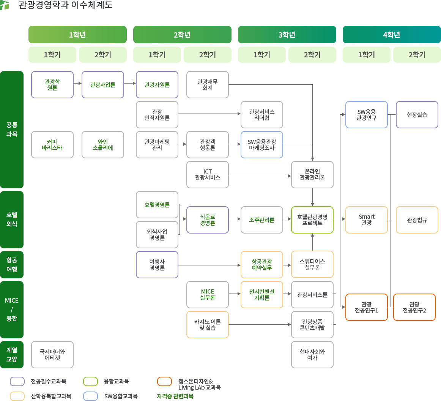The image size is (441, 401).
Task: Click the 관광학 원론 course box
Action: tap(52, 85)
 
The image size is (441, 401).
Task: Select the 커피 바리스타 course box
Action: tap(52, 145)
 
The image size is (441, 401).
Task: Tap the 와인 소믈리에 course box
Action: tap(103, 145)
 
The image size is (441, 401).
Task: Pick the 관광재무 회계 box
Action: tap(208, 85)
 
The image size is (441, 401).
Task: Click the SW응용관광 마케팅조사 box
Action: tap(262, 145)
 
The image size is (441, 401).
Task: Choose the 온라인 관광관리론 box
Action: tap(312, 175)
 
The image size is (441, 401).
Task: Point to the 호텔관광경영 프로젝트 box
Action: tap(312, 220)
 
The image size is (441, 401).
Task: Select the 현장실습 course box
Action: tap(417, 115)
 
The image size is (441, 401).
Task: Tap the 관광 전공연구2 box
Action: tap(414, 307)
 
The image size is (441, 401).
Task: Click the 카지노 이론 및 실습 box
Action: tap(208, 325)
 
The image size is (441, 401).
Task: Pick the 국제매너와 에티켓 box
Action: tap(52, 355)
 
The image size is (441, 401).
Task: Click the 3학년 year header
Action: tap(287, 35)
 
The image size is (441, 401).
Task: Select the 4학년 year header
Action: tap(392, 35)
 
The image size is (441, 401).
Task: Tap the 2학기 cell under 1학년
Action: tap(103, 55)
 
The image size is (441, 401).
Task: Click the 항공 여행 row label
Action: tap(12, 265)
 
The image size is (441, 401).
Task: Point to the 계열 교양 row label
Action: tap(12, 355)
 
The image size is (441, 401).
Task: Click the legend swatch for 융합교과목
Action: tap(91, 381)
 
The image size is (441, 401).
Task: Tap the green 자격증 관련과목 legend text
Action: tap(175, 396)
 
